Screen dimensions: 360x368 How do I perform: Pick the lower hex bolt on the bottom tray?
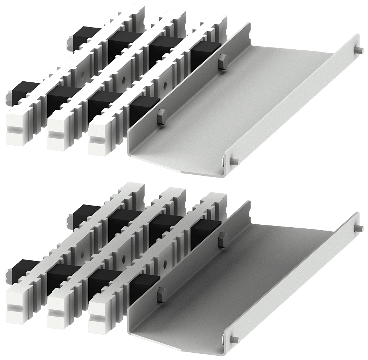[x=160, y=296]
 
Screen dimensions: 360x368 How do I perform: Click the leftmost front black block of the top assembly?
[x=22, y=90]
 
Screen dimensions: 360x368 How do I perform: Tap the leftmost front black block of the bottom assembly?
[x=22, y=269]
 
